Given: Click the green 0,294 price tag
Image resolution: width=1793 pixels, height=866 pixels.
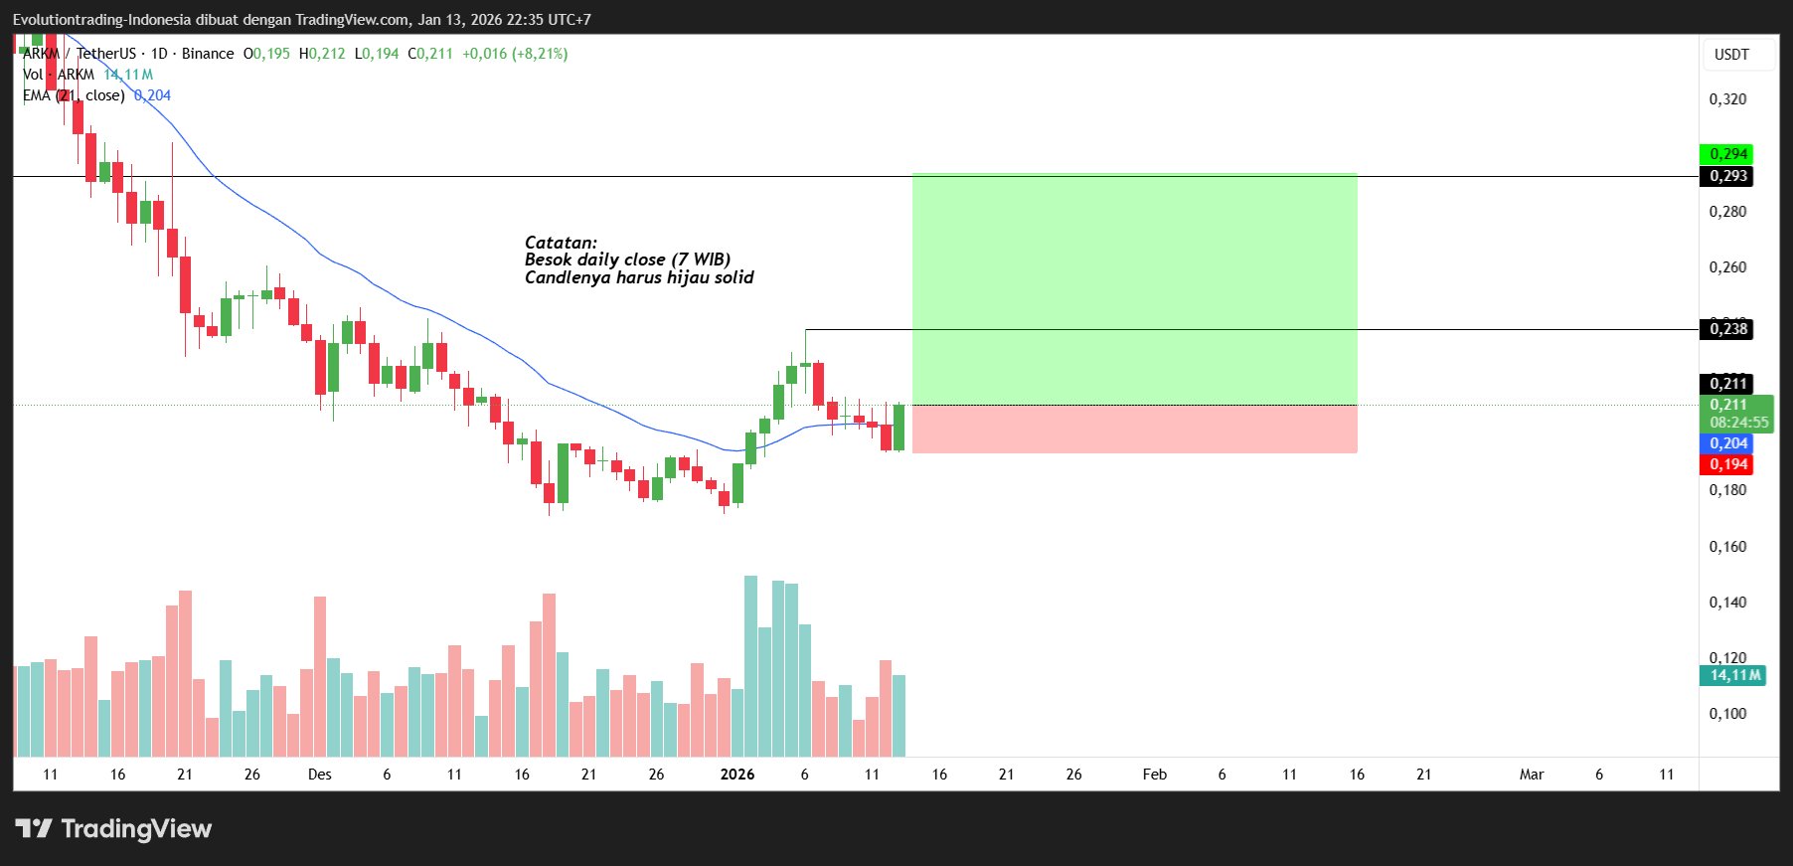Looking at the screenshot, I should (1726, 154).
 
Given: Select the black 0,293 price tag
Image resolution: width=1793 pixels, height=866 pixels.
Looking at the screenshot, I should (1726, 176).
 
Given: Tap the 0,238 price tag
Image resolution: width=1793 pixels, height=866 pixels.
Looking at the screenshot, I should (1726, 329).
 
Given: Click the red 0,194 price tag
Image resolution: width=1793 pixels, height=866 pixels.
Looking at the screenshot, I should (1726, 464).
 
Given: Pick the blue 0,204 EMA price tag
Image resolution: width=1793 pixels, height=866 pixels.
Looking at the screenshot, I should (1726, 443).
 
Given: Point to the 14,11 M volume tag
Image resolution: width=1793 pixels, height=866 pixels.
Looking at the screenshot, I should (1733, 675).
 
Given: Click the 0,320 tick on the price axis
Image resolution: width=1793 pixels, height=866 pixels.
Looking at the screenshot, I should (1727, 99).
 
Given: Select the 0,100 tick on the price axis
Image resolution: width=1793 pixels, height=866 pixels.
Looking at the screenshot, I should (1727, 714).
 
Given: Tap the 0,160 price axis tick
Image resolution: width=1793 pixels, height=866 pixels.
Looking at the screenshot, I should (1727, 547).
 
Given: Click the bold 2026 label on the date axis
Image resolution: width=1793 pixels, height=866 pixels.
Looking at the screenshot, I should (737, 775).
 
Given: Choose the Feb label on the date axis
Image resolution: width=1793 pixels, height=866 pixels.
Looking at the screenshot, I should (1154, 775).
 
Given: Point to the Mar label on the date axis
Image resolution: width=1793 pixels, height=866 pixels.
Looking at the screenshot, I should (1531, 775).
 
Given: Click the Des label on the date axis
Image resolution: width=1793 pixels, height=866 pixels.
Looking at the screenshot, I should (320, 775).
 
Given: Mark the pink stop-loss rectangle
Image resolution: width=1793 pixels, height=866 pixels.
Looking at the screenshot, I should (1134, 430).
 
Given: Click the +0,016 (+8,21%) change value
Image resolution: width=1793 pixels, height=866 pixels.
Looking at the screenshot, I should (515, 54).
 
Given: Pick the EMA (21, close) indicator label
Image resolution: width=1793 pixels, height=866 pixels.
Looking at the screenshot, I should (75, 95).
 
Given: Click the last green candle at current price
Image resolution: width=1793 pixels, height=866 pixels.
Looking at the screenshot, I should (899, 428).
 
